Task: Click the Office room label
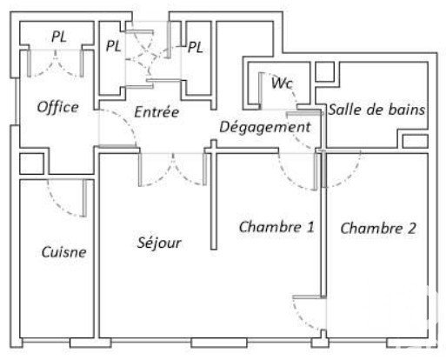click(58, 107)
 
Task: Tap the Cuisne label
click(63, 252)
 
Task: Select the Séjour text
click(159, 243)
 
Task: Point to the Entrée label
click(156, 112)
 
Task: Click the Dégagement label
click(265, 127)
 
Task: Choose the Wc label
click(282, 83)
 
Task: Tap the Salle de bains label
click(376, 110)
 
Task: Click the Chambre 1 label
click(276, 227)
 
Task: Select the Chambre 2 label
click(378, 228)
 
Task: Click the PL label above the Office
click(59, 37)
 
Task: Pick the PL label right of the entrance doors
click(196, 47)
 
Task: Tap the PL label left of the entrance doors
click(113, 46)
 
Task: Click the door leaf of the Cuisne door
click(84, 198)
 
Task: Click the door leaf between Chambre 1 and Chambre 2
click(308, 297)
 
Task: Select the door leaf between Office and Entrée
click(118, 147)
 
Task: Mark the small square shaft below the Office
click(31, 163)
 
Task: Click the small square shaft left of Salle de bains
click(324, 71)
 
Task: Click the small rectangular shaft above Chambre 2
click(416, 142)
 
